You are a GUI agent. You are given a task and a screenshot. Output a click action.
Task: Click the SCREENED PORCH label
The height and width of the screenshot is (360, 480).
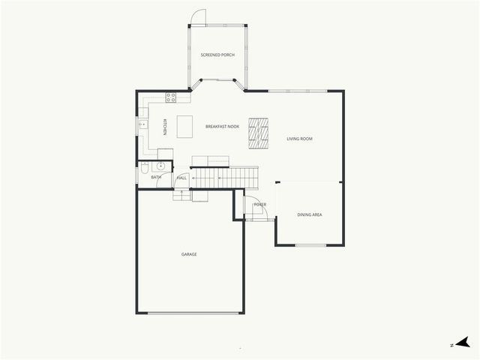point(217,55)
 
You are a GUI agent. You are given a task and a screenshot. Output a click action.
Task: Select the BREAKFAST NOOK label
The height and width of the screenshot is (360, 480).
point(222,127)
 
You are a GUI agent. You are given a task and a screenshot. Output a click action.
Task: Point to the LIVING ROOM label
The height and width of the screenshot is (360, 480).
point(299,139)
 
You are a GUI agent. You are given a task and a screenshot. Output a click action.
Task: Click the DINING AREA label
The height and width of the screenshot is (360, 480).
point(310,215)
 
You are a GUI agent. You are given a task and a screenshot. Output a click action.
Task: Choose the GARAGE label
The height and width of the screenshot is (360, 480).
point(189,254)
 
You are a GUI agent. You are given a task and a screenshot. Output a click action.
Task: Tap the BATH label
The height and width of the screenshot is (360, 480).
point(155,177)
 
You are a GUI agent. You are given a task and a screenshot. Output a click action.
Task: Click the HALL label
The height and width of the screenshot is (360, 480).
point(181,178)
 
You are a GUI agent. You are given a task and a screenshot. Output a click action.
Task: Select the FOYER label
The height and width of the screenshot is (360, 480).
point(259,205)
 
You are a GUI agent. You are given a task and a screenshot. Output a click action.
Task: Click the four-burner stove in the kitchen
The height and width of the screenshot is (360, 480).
point(171,97)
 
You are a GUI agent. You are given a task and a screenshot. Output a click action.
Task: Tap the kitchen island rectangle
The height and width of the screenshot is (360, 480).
point(185,126)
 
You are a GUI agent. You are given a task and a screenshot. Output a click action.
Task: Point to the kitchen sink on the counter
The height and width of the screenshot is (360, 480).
point(142,125)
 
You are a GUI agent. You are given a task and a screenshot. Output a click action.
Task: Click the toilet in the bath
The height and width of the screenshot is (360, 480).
point(144,173)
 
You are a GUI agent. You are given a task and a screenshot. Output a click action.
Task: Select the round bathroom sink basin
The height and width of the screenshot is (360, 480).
point(160,166)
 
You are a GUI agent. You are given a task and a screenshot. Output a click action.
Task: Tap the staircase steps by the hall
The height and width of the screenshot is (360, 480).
point(225,178)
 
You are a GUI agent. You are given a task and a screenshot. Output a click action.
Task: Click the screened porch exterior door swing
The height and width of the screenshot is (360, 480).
point(198,17)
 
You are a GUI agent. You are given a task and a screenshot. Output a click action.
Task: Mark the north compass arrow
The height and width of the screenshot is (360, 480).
point(465,343)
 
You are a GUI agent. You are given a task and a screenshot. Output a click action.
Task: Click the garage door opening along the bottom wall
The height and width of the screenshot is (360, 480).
point(194,313)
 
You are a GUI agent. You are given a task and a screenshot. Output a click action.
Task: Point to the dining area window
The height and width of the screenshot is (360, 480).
point(310,245)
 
